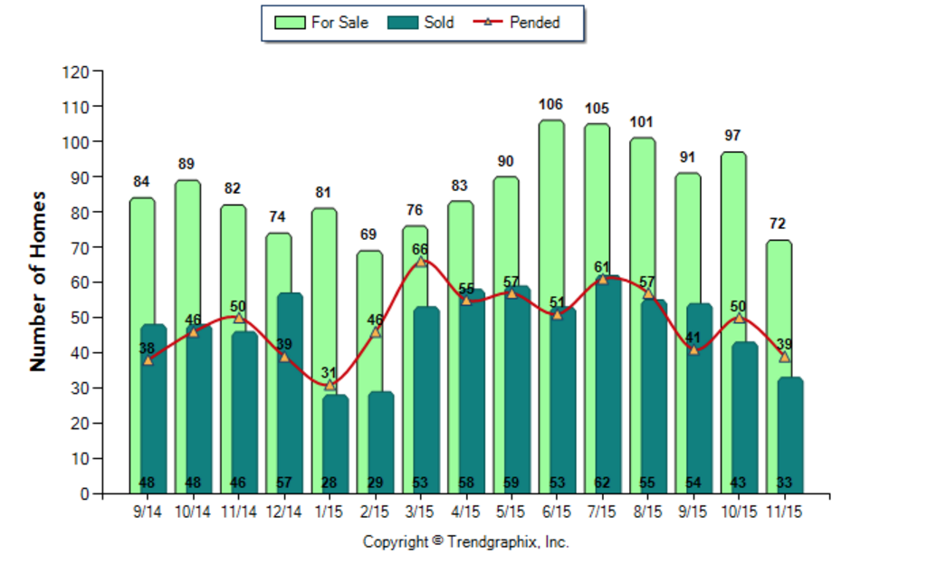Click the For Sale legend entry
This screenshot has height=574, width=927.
pyautogui.click(x=321, y=23)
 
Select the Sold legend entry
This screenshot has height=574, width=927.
pyautogui.click(x=421, y=23)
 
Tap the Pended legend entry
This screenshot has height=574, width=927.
pyautogui.click(x=517, y=23)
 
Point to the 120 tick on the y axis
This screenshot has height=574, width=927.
pyautogui.click(x=75, y=72)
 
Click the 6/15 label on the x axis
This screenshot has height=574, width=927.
pyautogui.click(x=557, y=512)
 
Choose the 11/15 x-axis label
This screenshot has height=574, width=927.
pyautogui.click(x=784, y=512)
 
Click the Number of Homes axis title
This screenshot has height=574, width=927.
pyautogui.click(x=38, y=282)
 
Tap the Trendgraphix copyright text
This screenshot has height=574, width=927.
pyautogui.click(x=466, y=542)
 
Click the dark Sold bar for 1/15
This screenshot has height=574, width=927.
pyautogui.click(x=335, y=444)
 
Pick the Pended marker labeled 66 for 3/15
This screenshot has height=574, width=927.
pyautogui.click(x=421, y=262)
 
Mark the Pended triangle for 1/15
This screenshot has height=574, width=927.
pyautogui.click(x=330, y=385)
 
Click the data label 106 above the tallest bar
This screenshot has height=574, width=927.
pyautogui.click(x=550, y=105)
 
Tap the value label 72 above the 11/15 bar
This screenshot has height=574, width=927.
pyautogui.click(x=778, y=224)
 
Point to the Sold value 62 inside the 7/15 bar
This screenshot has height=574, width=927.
pyautogui.click(x=602, y=483)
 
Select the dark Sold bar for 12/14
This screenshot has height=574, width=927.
pyautogui.click(x=290, y=393)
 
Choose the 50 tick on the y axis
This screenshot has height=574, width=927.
pyautogui.click(x=80, y=318)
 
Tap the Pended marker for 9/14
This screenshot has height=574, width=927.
pyautogui.click(x=148, y=360)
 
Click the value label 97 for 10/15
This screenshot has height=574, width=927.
pyautogui.click(x=732, y=136)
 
